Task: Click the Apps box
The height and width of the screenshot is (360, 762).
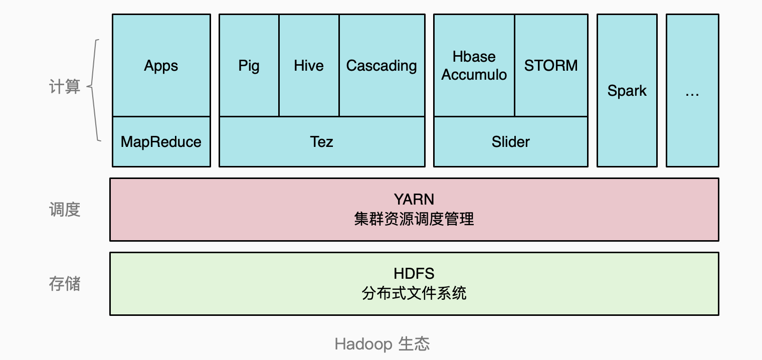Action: point(161,66)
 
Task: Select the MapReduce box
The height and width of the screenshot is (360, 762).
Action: point(161,142)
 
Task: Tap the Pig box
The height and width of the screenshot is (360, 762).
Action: point(249,66)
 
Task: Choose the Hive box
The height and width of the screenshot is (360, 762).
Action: point(309,66)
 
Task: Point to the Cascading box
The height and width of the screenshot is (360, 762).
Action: point(382,66)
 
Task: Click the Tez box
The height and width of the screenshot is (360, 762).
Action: point(321,142)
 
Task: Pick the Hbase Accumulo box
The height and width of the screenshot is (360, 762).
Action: point(474,66)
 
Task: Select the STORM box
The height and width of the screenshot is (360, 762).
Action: point(551,66)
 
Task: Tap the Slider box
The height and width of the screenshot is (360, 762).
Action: point(510,142)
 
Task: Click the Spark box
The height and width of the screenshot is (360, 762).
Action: point(627,91)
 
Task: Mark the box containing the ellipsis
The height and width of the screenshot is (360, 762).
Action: point(692,91)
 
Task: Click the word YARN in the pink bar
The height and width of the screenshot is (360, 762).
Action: point(414,200)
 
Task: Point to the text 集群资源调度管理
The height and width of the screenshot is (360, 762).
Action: point(414,219)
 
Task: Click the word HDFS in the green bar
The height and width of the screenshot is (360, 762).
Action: point(414,274)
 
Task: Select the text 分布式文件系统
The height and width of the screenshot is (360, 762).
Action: point(414,293)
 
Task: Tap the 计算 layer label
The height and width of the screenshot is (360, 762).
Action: point(65,87)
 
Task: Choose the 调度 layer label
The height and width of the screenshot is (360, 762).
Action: point(65,210)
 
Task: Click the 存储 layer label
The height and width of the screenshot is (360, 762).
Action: point(65,284)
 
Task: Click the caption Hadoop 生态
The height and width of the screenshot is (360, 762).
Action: point(382,344)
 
